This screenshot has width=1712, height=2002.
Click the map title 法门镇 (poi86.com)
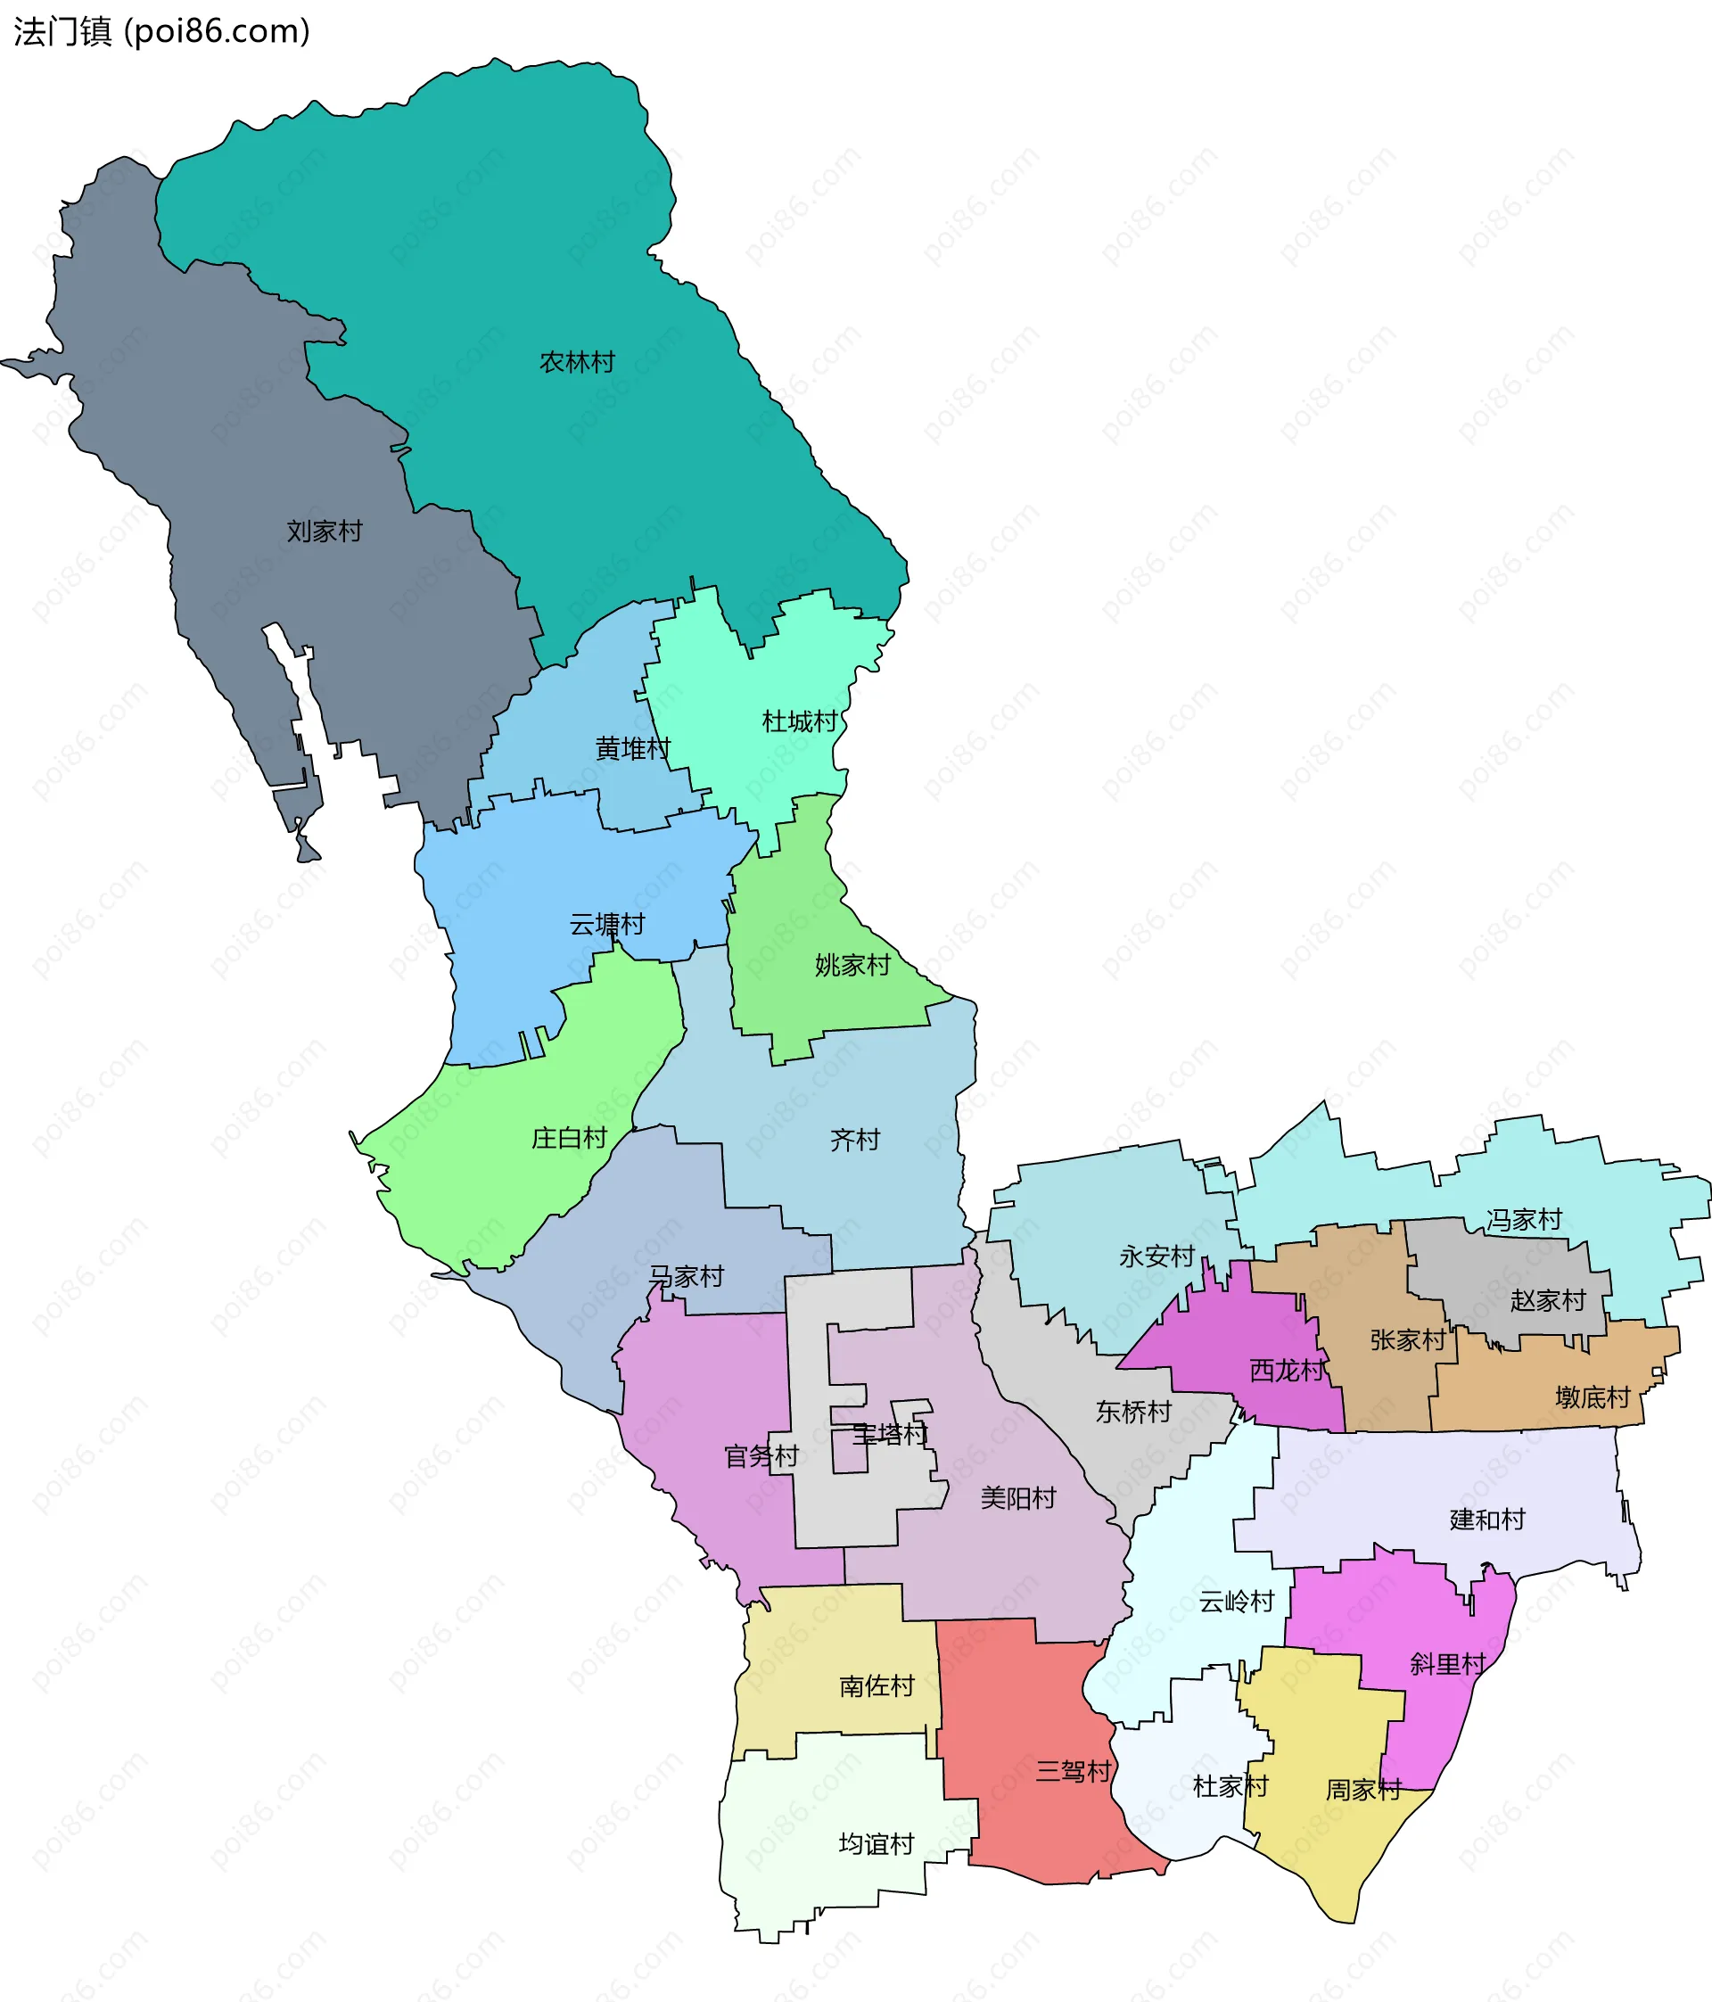(x=161, y=32)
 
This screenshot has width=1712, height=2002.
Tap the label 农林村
(x=577, y=362)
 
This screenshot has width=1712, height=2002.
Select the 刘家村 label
(x=324, y=531)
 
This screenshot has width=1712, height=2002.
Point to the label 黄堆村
(x=632, y=749)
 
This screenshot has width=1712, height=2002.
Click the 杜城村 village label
(x=799, y=721)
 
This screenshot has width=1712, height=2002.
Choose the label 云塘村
(x=605, y=925)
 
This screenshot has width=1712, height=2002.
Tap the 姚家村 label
(x=852, y=965)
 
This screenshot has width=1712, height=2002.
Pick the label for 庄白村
(x=569, y=1138)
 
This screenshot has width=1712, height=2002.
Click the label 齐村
(x=855, y=1141)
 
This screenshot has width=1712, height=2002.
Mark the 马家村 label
(x=686, y=1276)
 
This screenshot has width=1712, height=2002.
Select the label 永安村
(x=1156, y=1257)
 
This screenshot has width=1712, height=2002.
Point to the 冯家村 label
(x=1524, y=1220)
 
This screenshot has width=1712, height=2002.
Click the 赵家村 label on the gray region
(x=1548, y=1300)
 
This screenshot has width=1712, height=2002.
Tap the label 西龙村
(x=1287, y=1370)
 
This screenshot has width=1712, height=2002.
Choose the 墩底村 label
(x=1593, y=1397)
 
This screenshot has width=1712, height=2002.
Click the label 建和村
(x=1487, y=1520)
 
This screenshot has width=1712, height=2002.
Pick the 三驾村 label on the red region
(x=1074, y=1771)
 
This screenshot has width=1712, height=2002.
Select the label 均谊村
(x=877, y=1844)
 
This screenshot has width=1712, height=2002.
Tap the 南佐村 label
(x=877, y=1686)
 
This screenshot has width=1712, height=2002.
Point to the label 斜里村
(x=1447, y=1664)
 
